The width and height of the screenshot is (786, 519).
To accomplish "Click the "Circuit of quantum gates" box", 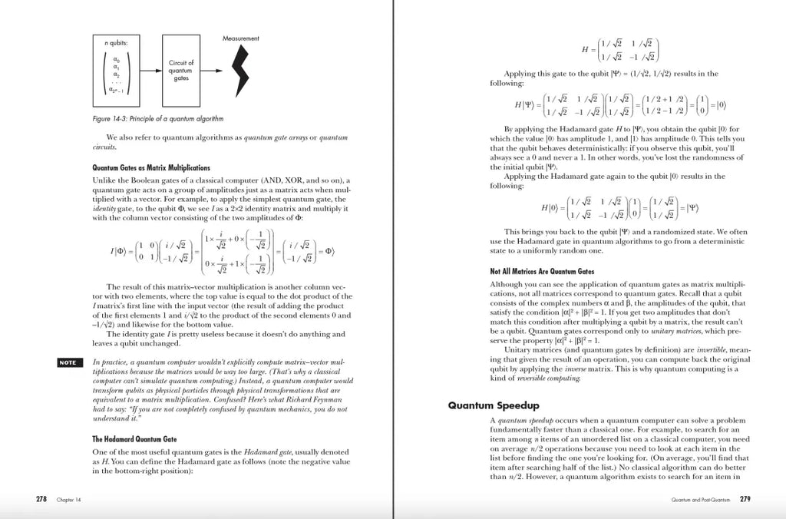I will (x=181, y=71).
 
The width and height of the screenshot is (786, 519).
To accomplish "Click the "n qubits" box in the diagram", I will (x=117, y=71).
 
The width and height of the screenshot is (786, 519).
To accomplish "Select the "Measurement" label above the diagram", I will (x=241, y=38).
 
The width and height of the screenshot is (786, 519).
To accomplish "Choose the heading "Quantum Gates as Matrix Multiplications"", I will (x=150, y=167).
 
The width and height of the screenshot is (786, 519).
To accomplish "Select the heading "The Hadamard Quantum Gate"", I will (x=136, y=438).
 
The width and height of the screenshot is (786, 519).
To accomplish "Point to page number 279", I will (x=745, y=499).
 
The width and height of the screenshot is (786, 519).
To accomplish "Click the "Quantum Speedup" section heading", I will (x=494, y=405).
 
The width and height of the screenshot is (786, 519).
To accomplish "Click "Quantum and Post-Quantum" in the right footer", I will (x=699, y=500).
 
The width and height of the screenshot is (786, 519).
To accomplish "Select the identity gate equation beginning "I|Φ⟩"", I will (x=220, y=251).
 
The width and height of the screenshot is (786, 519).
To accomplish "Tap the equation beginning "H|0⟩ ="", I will (x=618, y=208).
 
